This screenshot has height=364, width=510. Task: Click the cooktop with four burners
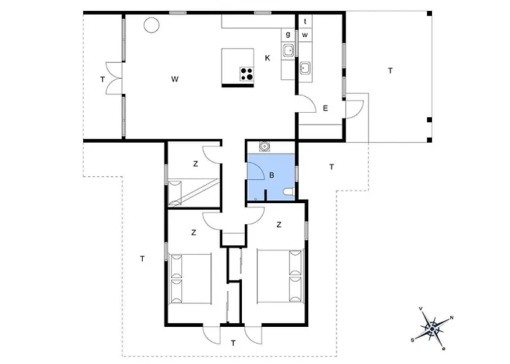tap(247, 74)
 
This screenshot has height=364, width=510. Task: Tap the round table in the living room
tap(152, 25)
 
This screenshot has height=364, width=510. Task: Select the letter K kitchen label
tap(267, 58)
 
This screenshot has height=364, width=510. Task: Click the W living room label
tap(175, 79)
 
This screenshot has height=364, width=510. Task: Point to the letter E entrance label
tap(325, 108)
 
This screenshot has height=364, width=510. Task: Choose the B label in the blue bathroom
tap(272, 175)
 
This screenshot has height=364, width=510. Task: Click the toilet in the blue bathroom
tap(289, 192)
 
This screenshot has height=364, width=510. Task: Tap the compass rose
tap(432, 329)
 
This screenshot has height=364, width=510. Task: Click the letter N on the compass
tap(452, 318)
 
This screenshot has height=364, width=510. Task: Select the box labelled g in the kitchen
tap(288, 34)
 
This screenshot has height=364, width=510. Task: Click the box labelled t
tap(305, 21)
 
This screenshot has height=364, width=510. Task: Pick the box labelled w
tap(305, 35)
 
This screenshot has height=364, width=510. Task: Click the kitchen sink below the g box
tap(289, 51)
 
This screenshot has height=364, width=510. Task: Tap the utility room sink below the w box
tap(305, 68)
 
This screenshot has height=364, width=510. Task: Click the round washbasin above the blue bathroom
tap(264, 146)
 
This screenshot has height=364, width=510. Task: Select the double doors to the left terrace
tap(114, 79)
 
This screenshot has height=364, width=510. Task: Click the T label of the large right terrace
tap(391, 70)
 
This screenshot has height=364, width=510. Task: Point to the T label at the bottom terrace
tap(233, 343)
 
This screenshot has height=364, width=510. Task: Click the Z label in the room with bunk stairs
tap(195, 164)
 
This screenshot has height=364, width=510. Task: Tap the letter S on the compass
tap(412, 340)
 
